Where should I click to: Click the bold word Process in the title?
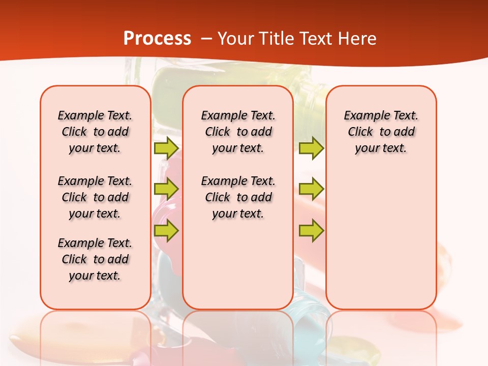pos(157,39)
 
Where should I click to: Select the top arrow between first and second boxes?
pos(166,148)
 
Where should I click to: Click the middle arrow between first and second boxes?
pos(166,189)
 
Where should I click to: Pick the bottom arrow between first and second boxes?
pos(166,231)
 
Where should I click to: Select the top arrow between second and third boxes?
pos(311,148)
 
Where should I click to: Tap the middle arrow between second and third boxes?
pos(311,189)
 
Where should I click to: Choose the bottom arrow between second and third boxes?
pos(311,231)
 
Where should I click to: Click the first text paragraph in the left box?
pos(95,132)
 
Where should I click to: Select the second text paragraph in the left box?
pos(95,197)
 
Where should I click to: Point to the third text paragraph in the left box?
pos(95,259)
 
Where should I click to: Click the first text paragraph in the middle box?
pos(238,132)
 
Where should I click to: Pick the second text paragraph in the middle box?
pos(238,197)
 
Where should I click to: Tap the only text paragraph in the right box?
pos(381,132)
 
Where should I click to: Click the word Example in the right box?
pos(362,116)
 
